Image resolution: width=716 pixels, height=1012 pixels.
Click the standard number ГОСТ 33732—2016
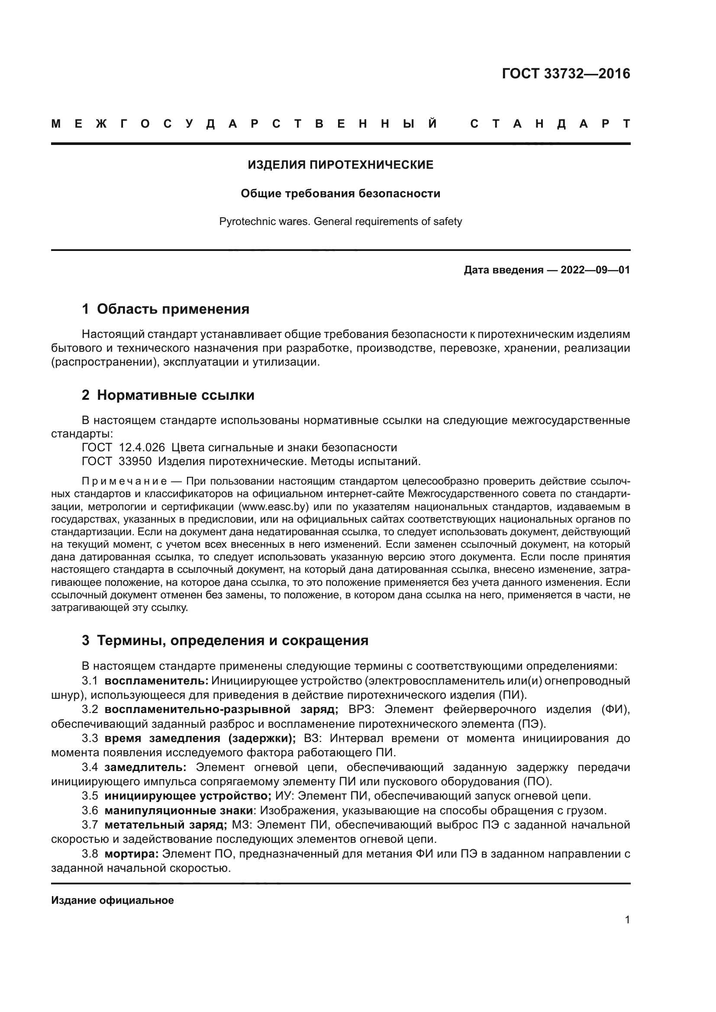566,74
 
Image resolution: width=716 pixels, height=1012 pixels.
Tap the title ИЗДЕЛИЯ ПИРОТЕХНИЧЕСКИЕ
340,165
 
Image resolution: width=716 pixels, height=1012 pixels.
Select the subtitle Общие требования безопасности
340,193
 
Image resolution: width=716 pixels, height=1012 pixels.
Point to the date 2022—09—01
595,270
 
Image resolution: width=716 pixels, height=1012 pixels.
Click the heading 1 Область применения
166,309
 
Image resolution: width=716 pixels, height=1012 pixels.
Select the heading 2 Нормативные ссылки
168,395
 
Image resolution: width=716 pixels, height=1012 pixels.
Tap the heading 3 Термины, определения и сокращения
225,640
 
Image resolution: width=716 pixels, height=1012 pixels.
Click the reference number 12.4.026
142,447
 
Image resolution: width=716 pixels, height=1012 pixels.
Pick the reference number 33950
135,462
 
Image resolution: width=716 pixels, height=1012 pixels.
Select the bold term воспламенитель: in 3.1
157,681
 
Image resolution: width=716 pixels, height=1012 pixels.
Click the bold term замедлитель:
145,767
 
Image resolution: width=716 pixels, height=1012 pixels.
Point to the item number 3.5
90,796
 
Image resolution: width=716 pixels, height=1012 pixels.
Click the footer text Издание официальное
113,900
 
